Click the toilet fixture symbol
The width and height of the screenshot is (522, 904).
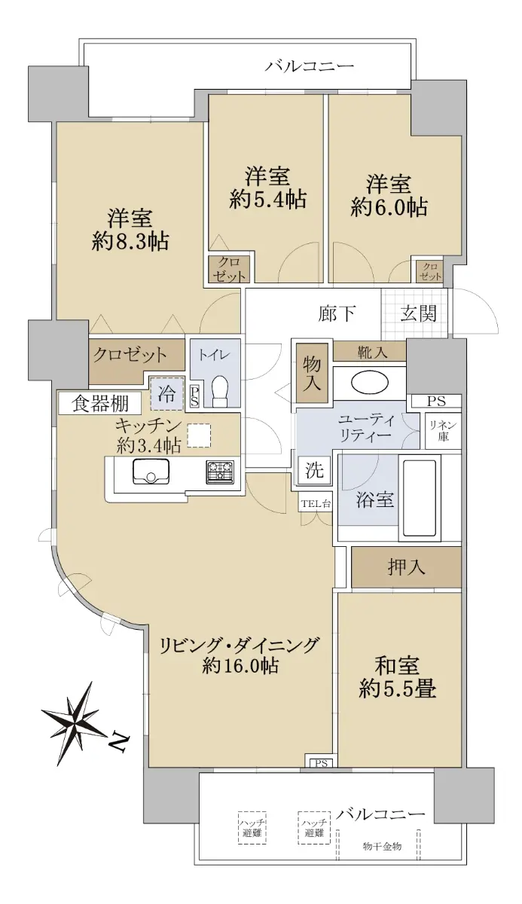pyautogui.click(x=220, y=391)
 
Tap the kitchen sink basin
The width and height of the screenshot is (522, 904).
pyautogui.click(x=151, y=472)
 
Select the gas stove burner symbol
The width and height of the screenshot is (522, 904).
pyautogui.click(x=220, y=472)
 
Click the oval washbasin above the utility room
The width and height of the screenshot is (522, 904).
pyautogui.click(x=370, y=382)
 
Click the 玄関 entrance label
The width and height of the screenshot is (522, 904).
pyautogui.click(x=418, y=313)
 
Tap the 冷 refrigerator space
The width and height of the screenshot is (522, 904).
pyautogui.click(x=166, y=393)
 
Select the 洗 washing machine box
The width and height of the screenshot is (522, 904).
pyautogui.click(x=314, y=470)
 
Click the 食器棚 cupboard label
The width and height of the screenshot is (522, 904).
pyautogui.click(x=100, y=403)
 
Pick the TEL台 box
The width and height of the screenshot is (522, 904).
pyautogui.click(x=316, y=503)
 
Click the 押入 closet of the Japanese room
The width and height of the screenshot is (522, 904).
pyautogui.click(x=406, y=568)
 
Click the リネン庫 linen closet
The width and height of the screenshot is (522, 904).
pyautogui.click(x=443, y=431)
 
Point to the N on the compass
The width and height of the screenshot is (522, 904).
pyautogui.click(x=121, y=743)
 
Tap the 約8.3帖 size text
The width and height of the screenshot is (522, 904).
pyautogui.click(x=130, y=242)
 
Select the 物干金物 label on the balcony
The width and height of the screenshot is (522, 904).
pyautogui.click(x=382, y=846)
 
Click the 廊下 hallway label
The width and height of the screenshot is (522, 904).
pyautogui.click(x=337, y=313)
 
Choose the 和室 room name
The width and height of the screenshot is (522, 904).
pyautogui.click(x=397, y=665)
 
